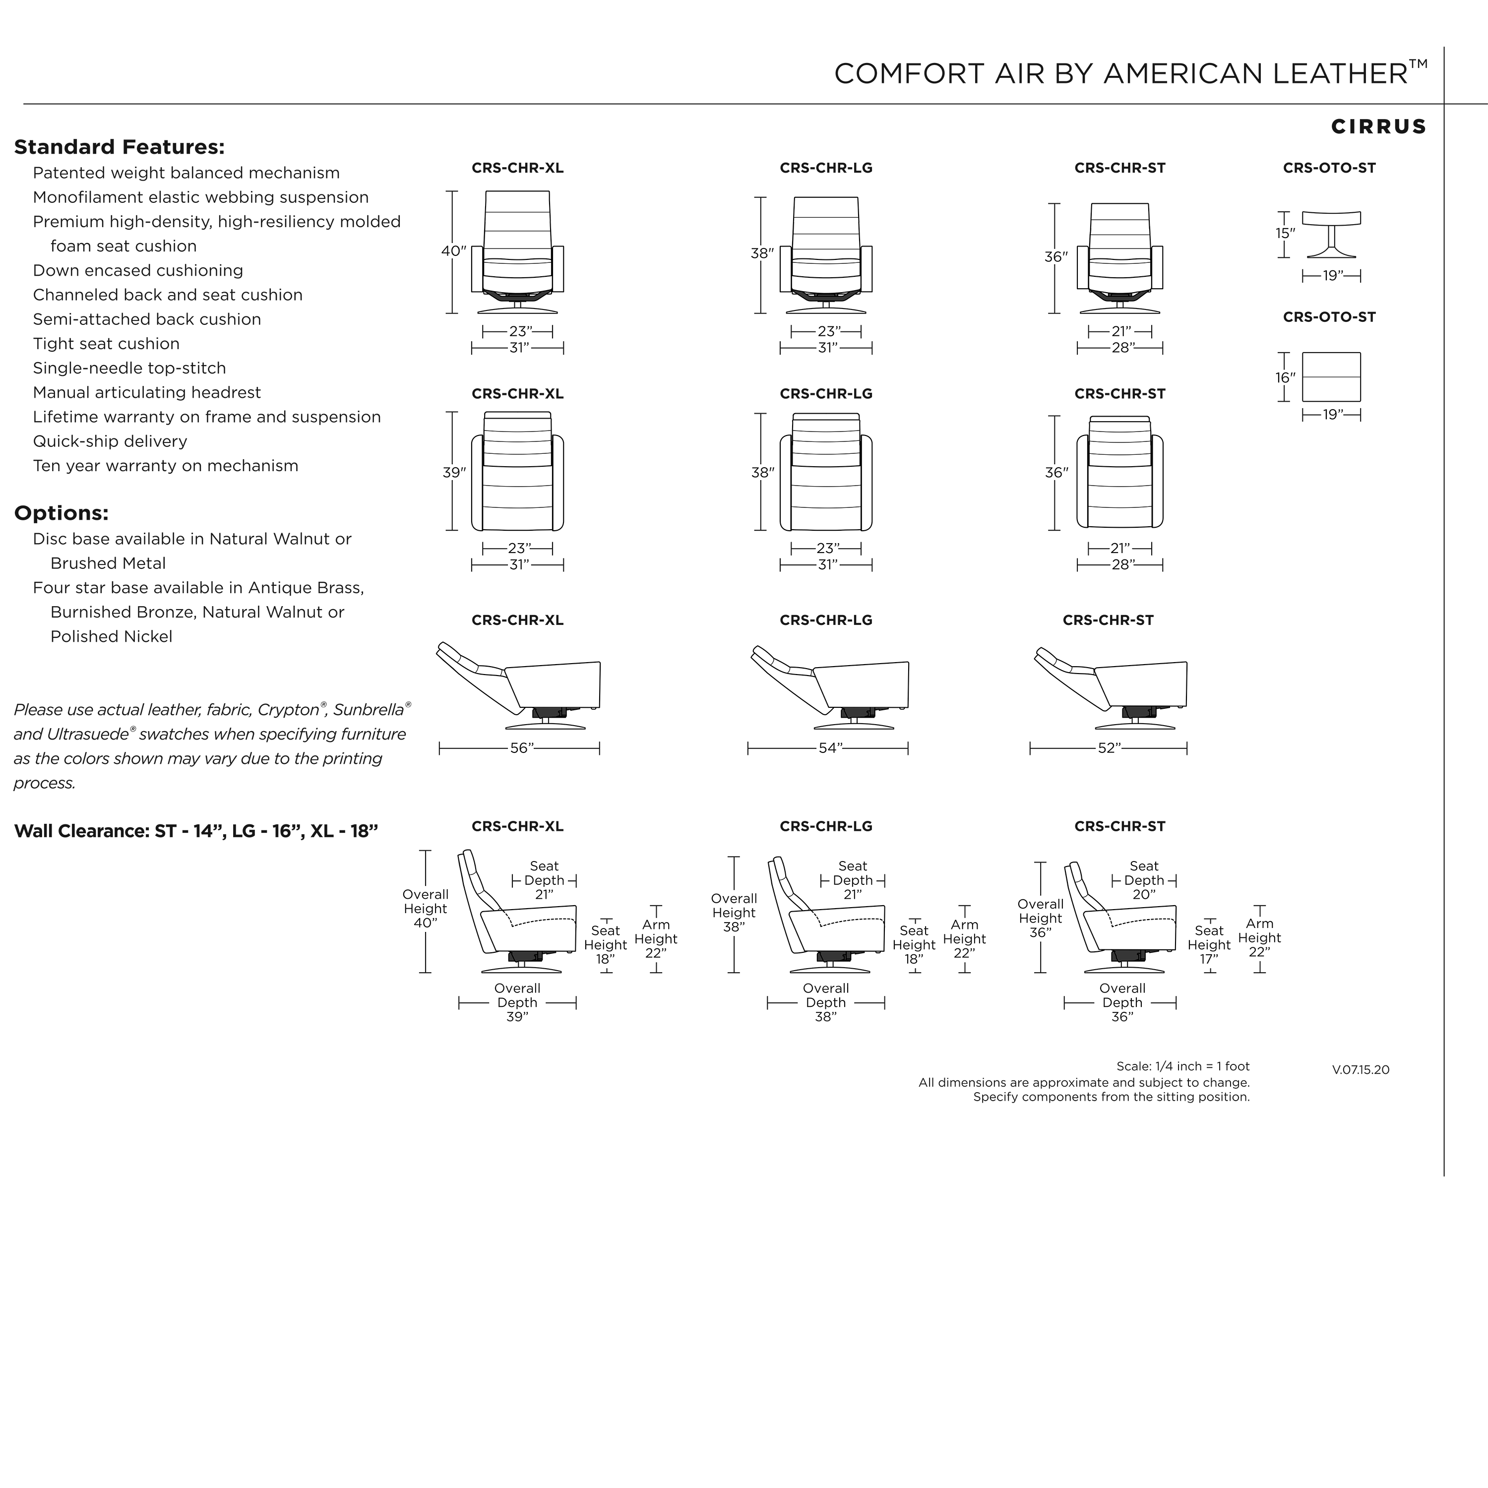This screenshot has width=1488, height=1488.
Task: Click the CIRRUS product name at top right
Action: click(x=1379, y=126)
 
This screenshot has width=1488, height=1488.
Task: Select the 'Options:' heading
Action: click(x=61, y=513)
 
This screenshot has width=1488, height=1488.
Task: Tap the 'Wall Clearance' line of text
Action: click(x=196, y=831)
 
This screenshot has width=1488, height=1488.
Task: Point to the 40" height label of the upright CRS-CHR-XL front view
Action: click(x=454, y=251)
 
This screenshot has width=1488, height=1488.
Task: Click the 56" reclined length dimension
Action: click(x=521, y=748)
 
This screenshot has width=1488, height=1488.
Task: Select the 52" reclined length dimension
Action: click(x=1109, y=748)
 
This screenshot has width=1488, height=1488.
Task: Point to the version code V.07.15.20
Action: click(x=1361, y=1070)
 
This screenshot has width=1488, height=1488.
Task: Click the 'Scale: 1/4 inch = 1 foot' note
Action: click(x=1183, y=1067)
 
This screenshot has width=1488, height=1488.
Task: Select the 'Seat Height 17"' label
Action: click(x=1209, y=945)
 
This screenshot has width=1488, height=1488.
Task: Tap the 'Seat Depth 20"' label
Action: click(x=1144, y=880)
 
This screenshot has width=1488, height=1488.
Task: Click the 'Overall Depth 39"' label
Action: click(x=517, y=1003)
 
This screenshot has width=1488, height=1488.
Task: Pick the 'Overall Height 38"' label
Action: click(x=734, y=913)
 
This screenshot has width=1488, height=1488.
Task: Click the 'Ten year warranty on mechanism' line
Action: click(x=166, y=466)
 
